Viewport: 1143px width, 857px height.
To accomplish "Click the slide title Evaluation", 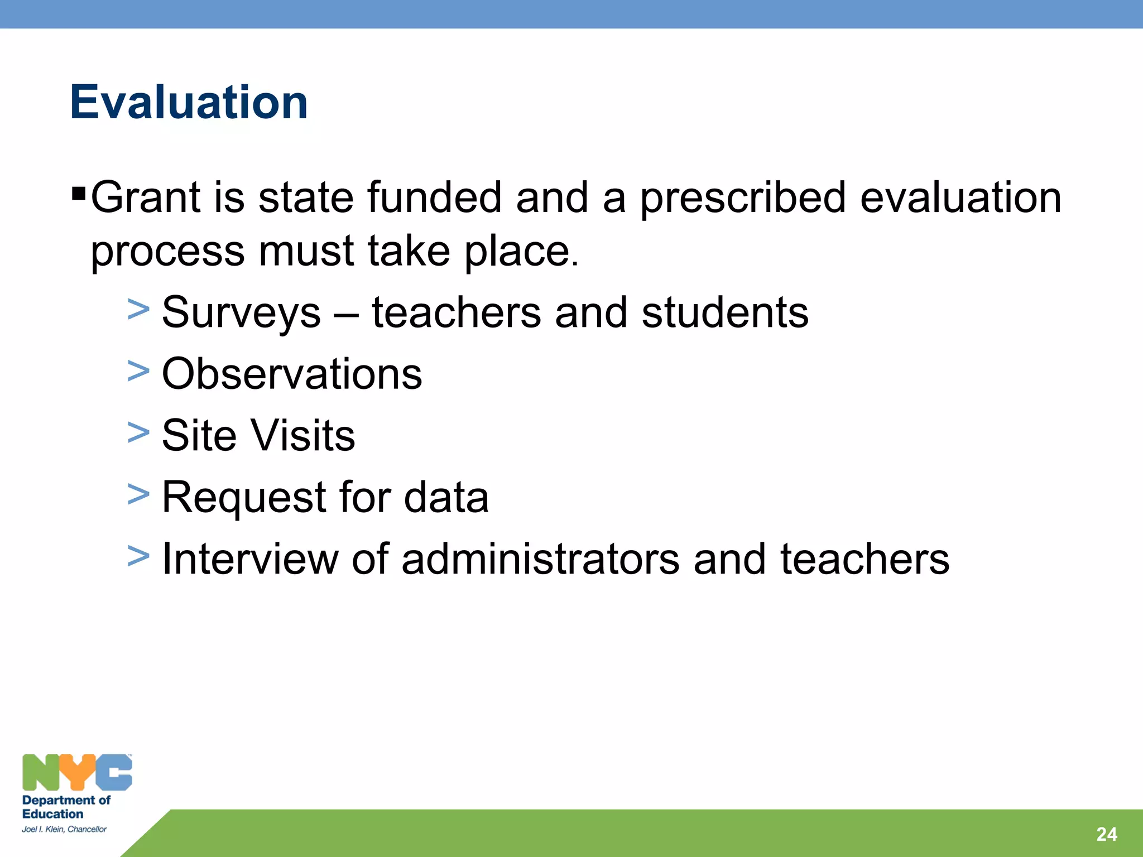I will click(189, 102).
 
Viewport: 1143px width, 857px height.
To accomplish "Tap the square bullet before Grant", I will click(79, 195).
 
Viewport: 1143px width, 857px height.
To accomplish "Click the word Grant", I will click(145, 198).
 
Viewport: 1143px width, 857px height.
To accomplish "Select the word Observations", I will click(292, 374).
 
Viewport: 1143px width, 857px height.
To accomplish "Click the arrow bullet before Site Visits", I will click(138, 432).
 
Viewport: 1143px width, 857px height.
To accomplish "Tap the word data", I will click(446, 497).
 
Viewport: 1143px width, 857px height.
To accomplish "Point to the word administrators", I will click(540, 559).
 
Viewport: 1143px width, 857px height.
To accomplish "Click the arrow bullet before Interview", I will click(138, 556).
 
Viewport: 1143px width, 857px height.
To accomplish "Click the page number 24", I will click(1106, 834).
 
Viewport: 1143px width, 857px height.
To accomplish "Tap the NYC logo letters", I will click(77, 773).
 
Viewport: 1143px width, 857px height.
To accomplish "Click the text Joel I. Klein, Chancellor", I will click(64, 830).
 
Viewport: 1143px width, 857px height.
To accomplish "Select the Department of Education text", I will click(66, 807).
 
